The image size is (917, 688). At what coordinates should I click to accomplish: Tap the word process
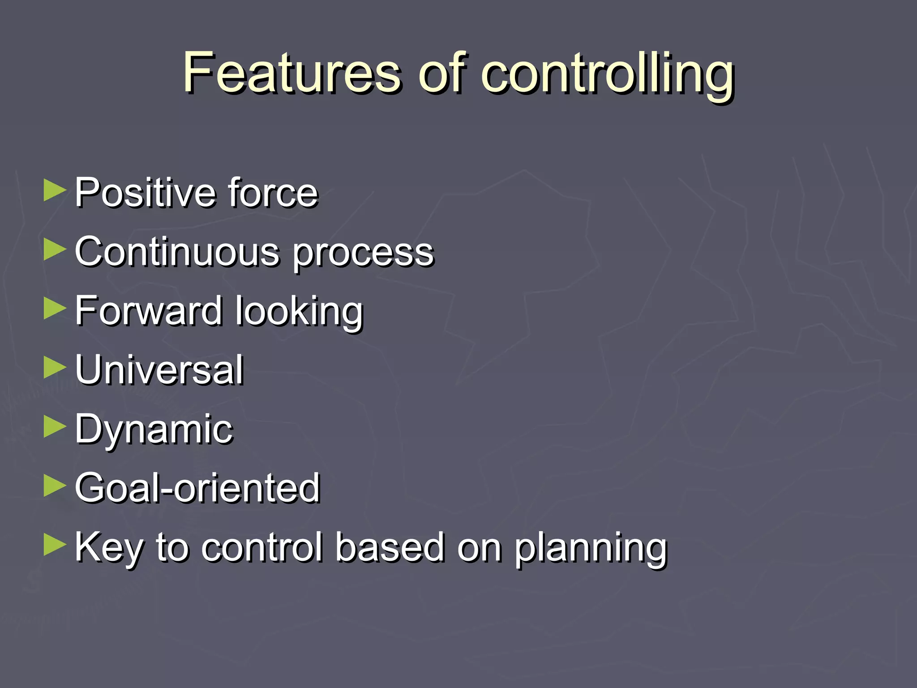coord(363,254)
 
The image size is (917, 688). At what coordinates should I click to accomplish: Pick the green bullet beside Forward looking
coord(55,309)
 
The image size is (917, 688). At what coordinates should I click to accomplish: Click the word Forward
coord(148,310)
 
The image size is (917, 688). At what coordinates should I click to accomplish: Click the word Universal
coord(159,370)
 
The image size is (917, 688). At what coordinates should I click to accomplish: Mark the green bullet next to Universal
coord(55,368)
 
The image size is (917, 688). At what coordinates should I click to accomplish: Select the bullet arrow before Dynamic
coord(55,427)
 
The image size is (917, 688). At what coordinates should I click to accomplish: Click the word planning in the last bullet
coord(590,549)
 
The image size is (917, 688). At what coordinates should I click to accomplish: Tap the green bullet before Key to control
coord(55,545)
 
